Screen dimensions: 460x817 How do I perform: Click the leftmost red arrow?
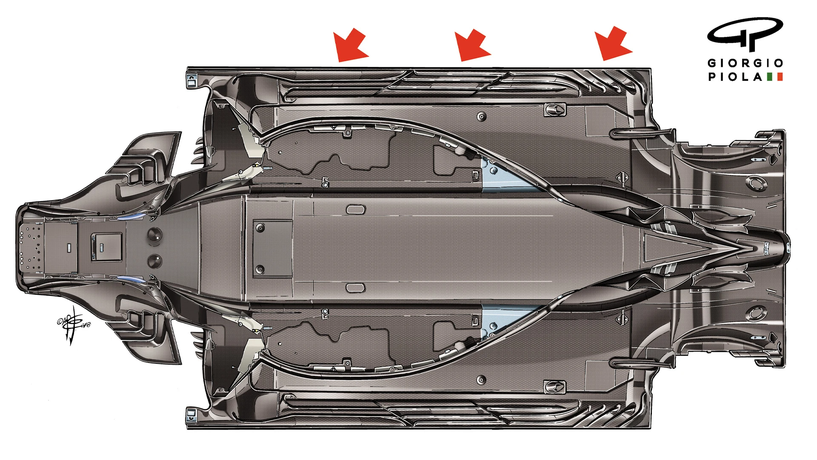click(x=350, y=45)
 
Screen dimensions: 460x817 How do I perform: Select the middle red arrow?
click(x=472, y=45)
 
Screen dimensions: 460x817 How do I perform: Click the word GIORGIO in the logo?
click(x=745, y=63)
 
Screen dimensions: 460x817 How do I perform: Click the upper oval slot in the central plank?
click(x=356, y=210)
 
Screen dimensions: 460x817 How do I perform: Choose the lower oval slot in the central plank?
click(x=356, y=288)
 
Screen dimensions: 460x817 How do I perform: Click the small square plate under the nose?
click(x=106, y=247)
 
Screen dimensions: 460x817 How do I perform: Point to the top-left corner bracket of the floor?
click(x=192, y=80)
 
